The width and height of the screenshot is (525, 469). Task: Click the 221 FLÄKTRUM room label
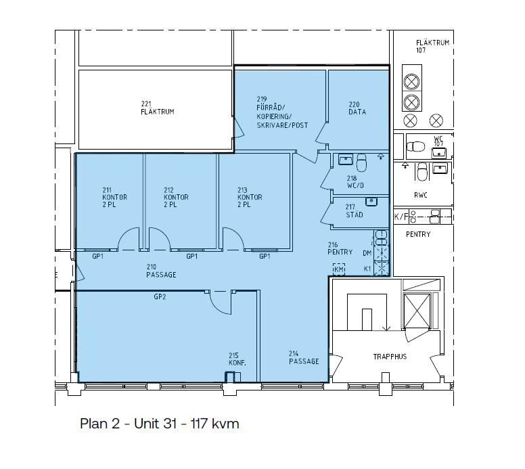coord(158,108)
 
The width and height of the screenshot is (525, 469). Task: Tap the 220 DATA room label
coord(357,108)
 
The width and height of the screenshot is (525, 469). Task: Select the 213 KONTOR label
coord(250,198)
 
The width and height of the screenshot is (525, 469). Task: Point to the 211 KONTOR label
coord(114,198)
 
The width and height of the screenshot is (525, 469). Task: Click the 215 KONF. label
coord(237,359)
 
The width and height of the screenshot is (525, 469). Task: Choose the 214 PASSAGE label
coord(304,357)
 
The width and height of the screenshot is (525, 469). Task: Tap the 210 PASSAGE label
coord(161,271)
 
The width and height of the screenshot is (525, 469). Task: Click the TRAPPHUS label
coord(390,357)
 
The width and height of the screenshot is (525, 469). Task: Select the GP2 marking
coord(160,297)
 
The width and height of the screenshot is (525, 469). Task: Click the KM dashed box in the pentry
coord(339,269)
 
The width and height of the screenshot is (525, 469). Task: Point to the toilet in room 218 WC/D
coord(361,162)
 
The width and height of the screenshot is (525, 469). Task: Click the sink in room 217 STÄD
coord(371,202)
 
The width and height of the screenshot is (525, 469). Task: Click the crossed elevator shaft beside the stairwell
coord(417,311)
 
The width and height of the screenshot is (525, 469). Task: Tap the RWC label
coord(421,195)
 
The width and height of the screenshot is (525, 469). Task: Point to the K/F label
coord(401,217)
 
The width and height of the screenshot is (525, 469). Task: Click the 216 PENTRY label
coord(340,248)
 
